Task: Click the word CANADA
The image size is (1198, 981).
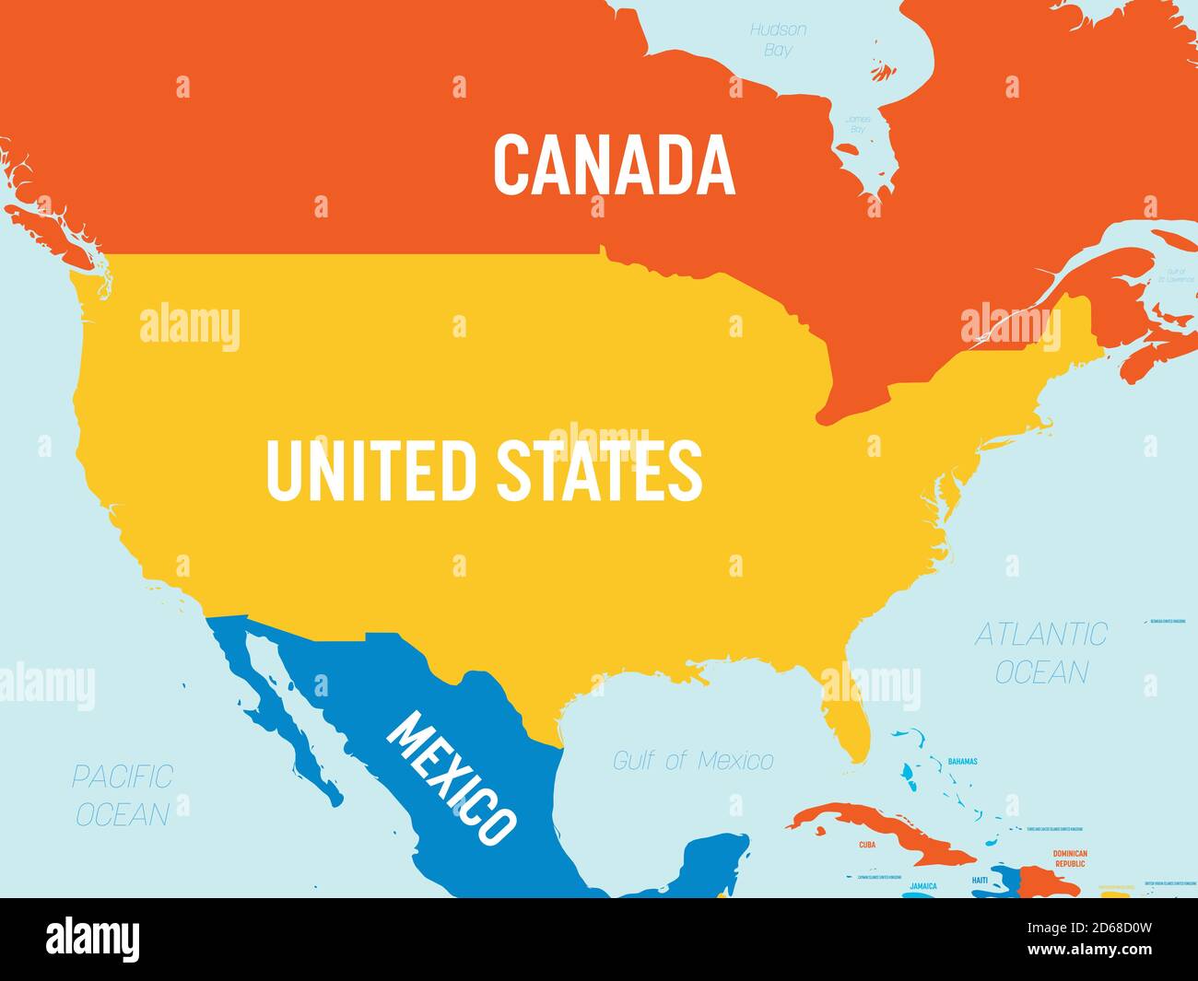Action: pyautogui.click(x=614, y=165)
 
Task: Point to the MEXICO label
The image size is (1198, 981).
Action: pyautogui.click(x=451, y=779)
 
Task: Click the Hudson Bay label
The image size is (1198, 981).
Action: pyautogui.click(x=778, y=40)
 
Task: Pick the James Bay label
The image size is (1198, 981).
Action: pyautogui.click(x=858, y=124)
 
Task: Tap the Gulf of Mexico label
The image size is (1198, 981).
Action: pyautogui.click(x=693, y=761)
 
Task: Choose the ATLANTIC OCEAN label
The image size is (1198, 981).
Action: pyautogui.click(x=1041, y=653)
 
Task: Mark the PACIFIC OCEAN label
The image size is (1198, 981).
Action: pyautogui.click(x=123, y=795)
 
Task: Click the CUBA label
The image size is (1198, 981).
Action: pyautogui.click(x=867, y=844)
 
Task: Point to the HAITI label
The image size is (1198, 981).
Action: pyautogui.click(x=980, y=882)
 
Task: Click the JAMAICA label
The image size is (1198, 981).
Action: pyautogui.click(x=922, y=886)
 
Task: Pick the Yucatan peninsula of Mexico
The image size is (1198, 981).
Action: pyautogui.click(x=714, y=861)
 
